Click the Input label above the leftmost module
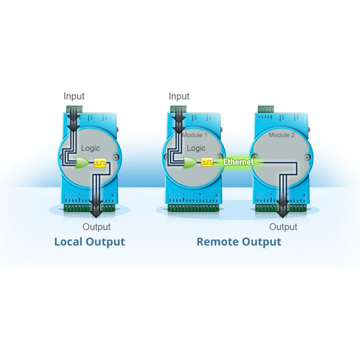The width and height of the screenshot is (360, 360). pos(74,96)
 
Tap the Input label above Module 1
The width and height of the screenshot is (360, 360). pos(179,96)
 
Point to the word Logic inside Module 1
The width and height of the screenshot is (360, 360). pos(196,148)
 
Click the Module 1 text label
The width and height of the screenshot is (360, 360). pos(194,136)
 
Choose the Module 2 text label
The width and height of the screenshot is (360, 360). pos(281,136)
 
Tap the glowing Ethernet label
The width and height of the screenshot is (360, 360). pos(238,162)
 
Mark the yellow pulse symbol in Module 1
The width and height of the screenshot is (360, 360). pos(206,162)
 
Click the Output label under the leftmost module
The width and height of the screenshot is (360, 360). pos(97,227)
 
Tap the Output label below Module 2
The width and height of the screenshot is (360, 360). pos(283,227)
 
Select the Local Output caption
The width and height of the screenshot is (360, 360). pos(89,242)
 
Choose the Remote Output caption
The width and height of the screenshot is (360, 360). pos(239,242)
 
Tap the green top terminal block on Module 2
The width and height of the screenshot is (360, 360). pos(266,109)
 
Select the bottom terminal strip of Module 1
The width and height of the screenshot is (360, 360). pos(193,208)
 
